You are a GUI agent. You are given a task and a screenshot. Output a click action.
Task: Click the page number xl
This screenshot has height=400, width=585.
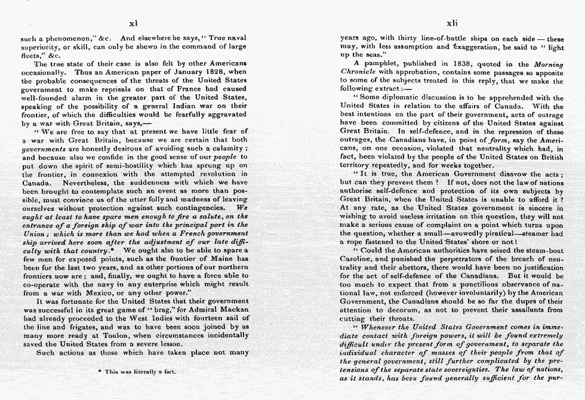click(134, 23)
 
